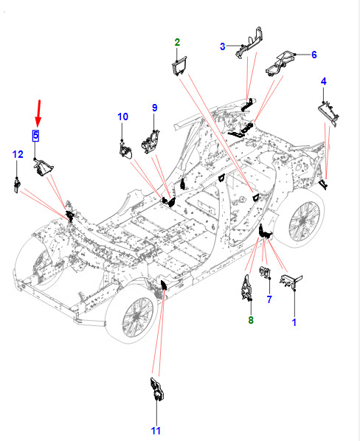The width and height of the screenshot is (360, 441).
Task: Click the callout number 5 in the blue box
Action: [35, 135]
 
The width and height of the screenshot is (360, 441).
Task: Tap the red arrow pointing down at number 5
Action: [38, 113]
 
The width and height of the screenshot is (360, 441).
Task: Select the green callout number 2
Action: [177, 42]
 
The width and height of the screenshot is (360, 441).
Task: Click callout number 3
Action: [223, 46]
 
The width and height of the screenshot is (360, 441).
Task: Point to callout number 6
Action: [314, 55]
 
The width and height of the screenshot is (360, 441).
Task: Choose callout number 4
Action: [323, 81]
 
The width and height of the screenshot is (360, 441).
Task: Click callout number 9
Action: [155, 108]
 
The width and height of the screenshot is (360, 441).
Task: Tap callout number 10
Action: [123, 117]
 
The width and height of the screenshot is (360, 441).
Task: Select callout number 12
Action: [18, 154]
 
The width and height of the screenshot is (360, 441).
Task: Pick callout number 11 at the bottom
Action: [156, 431]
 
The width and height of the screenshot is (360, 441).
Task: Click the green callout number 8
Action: [251, 320]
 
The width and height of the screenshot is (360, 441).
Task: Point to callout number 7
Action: [269, 299]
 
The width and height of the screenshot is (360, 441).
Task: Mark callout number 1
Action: [294, 322]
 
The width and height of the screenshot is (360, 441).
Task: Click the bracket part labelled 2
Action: [179, 66]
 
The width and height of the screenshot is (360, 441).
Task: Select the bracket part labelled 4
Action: [328, 114]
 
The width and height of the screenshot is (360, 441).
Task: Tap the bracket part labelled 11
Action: [157, 389]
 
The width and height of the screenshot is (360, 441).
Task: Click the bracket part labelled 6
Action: [280, 63]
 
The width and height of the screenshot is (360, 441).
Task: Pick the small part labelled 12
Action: [17, 186]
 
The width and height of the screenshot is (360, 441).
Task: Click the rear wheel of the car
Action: [303, 220]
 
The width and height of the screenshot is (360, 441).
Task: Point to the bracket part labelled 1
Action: [290, 281]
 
